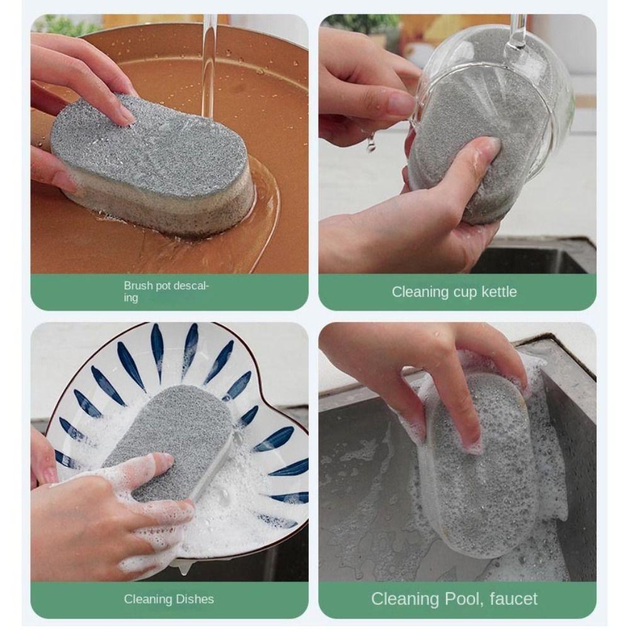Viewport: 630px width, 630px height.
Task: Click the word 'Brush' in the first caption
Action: [x=138, y=286]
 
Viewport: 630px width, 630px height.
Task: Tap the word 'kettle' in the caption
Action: [x=495, y=292]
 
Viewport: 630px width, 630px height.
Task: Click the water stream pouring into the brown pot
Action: [x=209, y=63]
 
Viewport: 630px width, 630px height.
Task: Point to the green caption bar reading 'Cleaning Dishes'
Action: [x=169, y=599]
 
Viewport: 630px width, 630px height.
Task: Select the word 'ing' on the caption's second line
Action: [x=130, y=298]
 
